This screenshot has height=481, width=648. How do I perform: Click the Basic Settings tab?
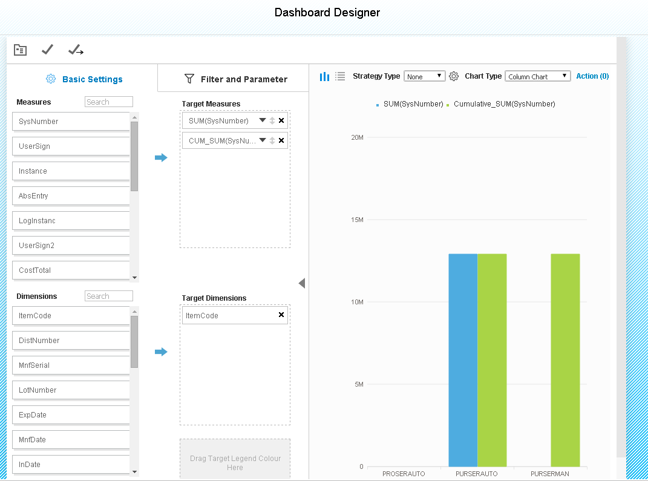(x=84, y=79)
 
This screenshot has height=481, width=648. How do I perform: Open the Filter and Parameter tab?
(x=236, y=79)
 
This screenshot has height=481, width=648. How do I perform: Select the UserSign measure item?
(x=71, y=146)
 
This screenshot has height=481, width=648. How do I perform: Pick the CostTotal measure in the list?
(x=71, y=270)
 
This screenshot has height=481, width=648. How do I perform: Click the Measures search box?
(x=108, y=102)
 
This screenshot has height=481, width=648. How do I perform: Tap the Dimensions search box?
(x=108, y=296)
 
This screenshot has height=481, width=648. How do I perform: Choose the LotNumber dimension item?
(x=71, y=390)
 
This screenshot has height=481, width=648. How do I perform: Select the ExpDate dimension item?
(x=71, y=415)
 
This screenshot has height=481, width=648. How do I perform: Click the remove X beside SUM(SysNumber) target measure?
(x=281, y=121)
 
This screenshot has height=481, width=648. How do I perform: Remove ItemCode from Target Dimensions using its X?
(x=281, y=315)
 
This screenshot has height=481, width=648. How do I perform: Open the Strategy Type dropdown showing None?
(x=424, y=76)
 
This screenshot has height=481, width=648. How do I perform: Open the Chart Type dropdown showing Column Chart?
(x=537, y=76)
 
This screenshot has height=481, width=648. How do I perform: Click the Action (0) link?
(x=592, y=76)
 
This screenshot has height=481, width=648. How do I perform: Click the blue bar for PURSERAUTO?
(x=463, y=360)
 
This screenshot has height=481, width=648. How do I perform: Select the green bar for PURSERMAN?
(x=565, y=360)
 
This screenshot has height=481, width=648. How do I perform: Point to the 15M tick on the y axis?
(x=357, y=220)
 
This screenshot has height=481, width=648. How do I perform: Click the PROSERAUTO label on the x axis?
(x=404, y=474)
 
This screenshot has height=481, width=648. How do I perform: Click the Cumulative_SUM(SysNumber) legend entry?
(x=504, y=104)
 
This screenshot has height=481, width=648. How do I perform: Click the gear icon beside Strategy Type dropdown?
(x=454, y=76)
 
